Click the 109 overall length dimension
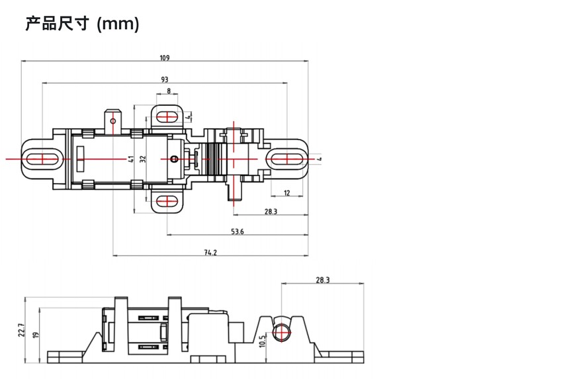pos(165,58)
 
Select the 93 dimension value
pos(165,79)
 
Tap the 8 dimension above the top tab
pos(169,91)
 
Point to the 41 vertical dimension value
pos(131,159)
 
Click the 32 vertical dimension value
pos(143,159)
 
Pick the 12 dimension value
pos(287,193)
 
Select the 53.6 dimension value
pos(238,232)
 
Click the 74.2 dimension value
pos(210,253)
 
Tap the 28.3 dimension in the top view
pos(271,212)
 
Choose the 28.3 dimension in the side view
pos(323,280)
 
